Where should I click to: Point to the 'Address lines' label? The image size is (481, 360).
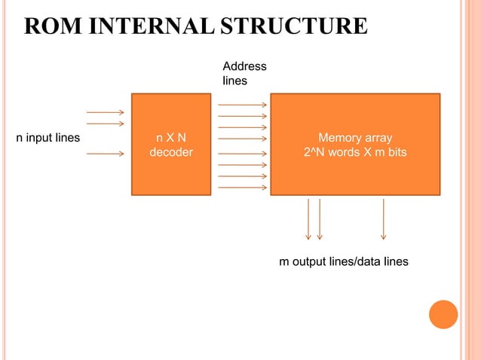point(244,73)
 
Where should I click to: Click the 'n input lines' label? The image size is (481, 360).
point(48,139)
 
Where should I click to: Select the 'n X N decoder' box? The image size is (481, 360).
point(171,145)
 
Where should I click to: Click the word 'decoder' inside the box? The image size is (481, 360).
point(171,152)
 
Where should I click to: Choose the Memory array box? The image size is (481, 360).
point(355,145)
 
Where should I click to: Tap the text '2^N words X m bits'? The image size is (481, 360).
point(355,152)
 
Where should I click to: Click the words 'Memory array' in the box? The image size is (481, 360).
point(355,139)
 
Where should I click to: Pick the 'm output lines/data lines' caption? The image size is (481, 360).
point(344,261)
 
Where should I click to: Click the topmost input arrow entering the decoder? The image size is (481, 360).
point(105,113)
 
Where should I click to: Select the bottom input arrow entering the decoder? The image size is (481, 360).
point(105,154)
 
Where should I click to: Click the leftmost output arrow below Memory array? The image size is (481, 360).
point(308,219)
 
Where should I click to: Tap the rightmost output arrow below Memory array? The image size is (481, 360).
point(384,219)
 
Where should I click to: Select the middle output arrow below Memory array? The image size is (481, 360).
point(320,219)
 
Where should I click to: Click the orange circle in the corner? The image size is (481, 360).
point(443,314)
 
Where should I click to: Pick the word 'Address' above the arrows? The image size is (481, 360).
point(244,67)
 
